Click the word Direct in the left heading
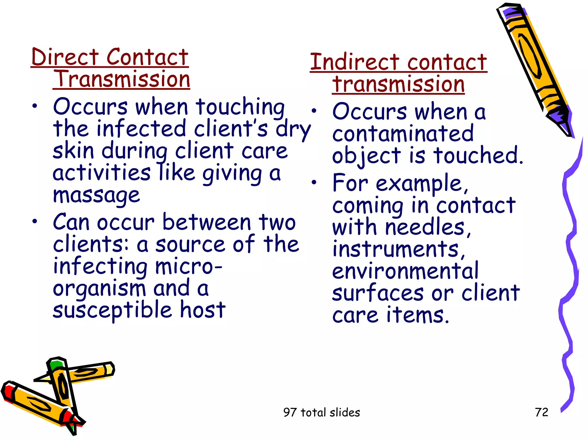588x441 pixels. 65,57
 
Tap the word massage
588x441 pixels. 96,196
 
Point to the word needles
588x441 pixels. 425,227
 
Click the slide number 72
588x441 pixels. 541,412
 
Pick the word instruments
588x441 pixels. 396,249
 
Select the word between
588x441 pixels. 207,223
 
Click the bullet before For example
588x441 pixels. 314,182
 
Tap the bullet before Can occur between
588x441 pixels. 35,221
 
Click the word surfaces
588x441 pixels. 378,293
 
